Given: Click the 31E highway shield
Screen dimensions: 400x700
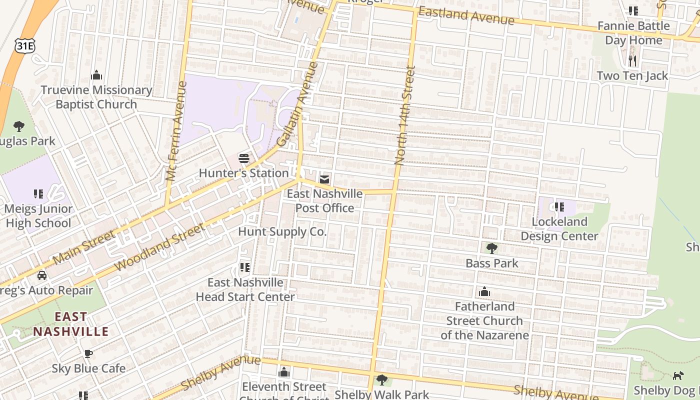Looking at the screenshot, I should [x=24, y=45].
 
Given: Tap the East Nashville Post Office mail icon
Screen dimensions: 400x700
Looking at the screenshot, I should [x=324, y=179].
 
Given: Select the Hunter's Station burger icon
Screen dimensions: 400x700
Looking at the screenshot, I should [x=244, y=159].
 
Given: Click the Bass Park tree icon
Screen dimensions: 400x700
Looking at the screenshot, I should [x=491, y=248].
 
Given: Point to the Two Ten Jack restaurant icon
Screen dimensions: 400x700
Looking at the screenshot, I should [x=632, y=61].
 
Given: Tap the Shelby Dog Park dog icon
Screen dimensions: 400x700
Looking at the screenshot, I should [x=678, y=375].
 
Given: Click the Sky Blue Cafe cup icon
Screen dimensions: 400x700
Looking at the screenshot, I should [x=88, y=354].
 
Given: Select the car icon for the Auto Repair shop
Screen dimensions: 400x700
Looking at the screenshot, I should [x=42, y=275].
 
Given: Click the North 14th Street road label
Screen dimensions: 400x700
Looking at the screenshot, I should [x=405, y=115].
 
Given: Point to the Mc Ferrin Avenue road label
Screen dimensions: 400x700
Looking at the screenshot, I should [x=176, y=131].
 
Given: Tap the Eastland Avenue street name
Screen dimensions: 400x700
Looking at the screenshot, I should [x=466, y=15].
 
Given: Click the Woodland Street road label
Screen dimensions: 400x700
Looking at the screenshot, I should [x=159, y=248].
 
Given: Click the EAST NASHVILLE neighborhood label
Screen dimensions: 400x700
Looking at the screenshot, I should [x=70, y=324].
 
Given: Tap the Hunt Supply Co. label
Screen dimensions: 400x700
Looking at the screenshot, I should [x=282, y=231].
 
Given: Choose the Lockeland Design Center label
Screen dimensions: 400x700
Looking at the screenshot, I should [x=559, y=228].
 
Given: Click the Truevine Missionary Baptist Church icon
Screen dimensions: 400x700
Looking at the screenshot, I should [x=96, y=75].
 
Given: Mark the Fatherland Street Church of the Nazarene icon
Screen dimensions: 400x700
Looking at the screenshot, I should [x=484, y=292].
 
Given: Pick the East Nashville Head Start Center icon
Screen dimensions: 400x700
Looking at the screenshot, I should [x=244, y=267].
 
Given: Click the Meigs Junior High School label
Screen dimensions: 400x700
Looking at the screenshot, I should [x=38, y=215].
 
